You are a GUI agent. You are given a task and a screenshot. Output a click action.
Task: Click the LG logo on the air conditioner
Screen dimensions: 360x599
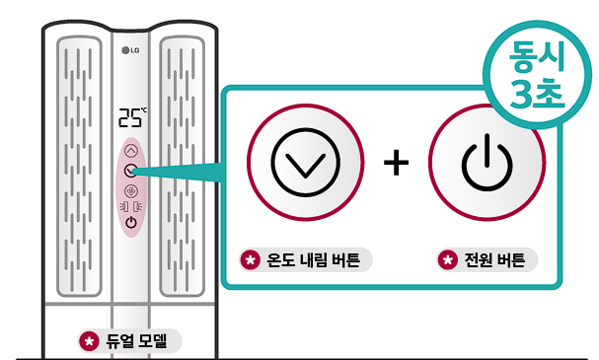[131, 51]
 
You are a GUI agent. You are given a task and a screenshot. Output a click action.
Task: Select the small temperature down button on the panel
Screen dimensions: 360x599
[131, 170]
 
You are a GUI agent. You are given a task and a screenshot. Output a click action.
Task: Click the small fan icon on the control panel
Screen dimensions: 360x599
[131, 188]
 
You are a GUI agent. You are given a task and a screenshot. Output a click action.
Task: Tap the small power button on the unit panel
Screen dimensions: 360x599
[131, 222]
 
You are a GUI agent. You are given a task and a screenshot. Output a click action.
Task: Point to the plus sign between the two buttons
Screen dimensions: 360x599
[396, 163]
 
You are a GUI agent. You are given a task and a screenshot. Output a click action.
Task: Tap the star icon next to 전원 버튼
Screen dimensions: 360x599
[449, 261]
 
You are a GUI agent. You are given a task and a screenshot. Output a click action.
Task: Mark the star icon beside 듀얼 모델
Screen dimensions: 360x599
[91, 341]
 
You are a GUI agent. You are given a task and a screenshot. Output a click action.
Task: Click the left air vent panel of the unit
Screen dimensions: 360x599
[79, 168]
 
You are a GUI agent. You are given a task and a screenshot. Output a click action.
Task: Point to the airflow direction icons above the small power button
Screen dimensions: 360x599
[131, 205]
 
